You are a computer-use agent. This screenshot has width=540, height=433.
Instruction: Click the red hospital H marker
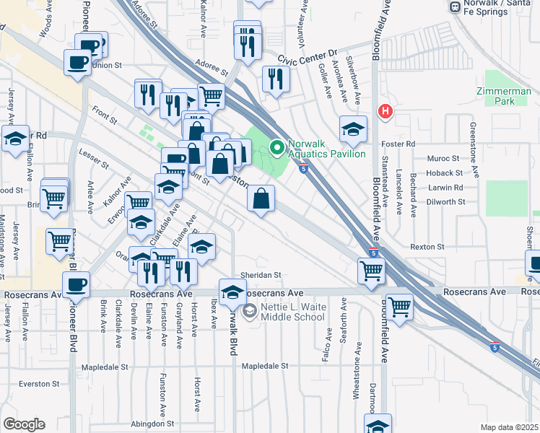pyautogui.click(x=386, y=112)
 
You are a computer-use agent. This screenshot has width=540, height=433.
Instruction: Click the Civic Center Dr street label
pyautogui.click(x=312, y=53)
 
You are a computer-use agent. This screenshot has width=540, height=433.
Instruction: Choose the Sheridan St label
pyautogui.click(x=261, y=275)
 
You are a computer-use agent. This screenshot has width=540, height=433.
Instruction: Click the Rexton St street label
pyautogui.click(x=427, y=246)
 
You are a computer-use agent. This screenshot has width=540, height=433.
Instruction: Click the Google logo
pyautogui.click(x=24, y=424)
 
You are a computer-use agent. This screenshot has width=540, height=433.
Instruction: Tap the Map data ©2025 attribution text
pyautogui.click(x=508, y=427)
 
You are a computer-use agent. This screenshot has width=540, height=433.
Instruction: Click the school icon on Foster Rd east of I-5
pyautogui.click(x=352, y=129)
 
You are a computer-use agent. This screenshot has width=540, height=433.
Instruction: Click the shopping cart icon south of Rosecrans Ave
pyautogui.click(x=399, y=307)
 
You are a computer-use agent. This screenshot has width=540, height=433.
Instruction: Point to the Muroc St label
pyautogui.click(x=443, y=158)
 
